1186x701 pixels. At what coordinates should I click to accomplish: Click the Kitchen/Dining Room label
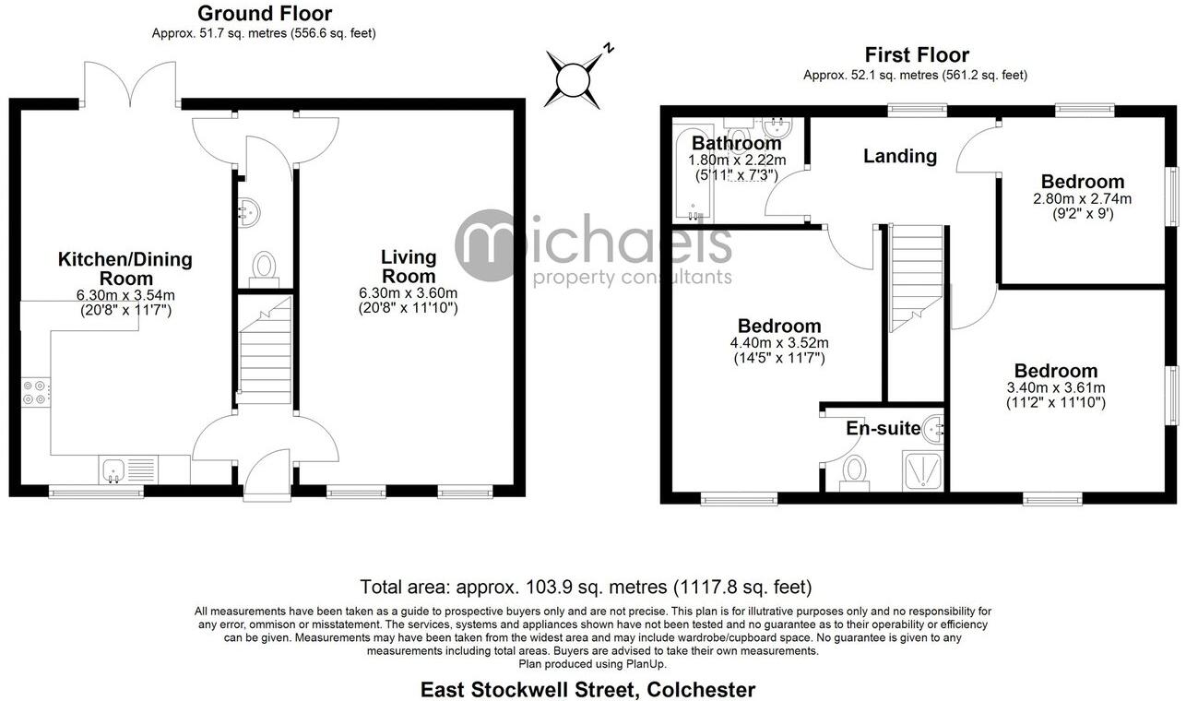pyautogui.click(x=125, y=268)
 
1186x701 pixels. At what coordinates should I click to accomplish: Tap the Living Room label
pyautogui.click(x=409, y=267)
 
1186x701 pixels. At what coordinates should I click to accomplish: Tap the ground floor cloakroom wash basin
pyautogui.click(x=248, y=212)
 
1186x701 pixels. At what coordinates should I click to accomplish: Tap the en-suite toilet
pyautogui.click(x=854, y=470)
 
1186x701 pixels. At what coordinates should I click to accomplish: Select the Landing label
pyautogui.click(x=899, y=157)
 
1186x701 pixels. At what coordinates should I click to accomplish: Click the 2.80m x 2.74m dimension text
pyautogui.click(x=1083, y=198)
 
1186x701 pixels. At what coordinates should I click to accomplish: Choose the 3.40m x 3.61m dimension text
pyautogui.click(x=1055, y=387)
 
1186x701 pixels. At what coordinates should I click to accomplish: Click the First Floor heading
pyautogui.click(x=916, y=55)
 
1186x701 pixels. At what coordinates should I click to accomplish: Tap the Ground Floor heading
pyautogui.click(x=265, y=14)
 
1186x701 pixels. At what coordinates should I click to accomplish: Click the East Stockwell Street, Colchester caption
pyautogui.click(x=587, y=689)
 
